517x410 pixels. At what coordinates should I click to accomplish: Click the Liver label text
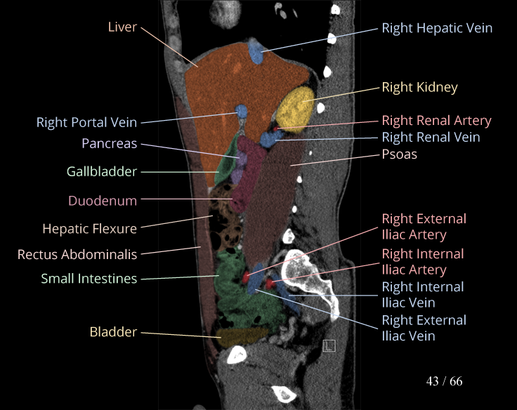click(122, 27)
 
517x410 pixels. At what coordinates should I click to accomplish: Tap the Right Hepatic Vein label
click(437, 28)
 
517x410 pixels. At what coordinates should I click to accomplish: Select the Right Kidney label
click(419, 88)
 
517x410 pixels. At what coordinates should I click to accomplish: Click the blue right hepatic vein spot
click(257, 51)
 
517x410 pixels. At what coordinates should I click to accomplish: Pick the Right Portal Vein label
click(86, 123)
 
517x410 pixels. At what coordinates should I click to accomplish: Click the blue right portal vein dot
click(242, 112)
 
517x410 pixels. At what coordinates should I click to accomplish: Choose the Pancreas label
click(109, 143)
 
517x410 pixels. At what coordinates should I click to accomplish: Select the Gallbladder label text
click(102, 171)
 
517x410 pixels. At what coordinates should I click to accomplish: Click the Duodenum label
click(103, 201)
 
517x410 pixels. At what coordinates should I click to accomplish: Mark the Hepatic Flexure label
click(89, 228)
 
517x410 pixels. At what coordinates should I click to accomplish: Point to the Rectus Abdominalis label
click(77, 254)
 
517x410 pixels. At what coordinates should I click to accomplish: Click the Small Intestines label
click(89, 279)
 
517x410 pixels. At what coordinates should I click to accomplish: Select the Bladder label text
click(113, 331)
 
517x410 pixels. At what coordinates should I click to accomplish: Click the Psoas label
click(399, 154)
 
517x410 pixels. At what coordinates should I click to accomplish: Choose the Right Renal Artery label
click(436, 121)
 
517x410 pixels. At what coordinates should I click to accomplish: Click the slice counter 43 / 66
click(444, 381)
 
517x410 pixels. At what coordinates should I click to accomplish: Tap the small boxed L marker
click(329, 345)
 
